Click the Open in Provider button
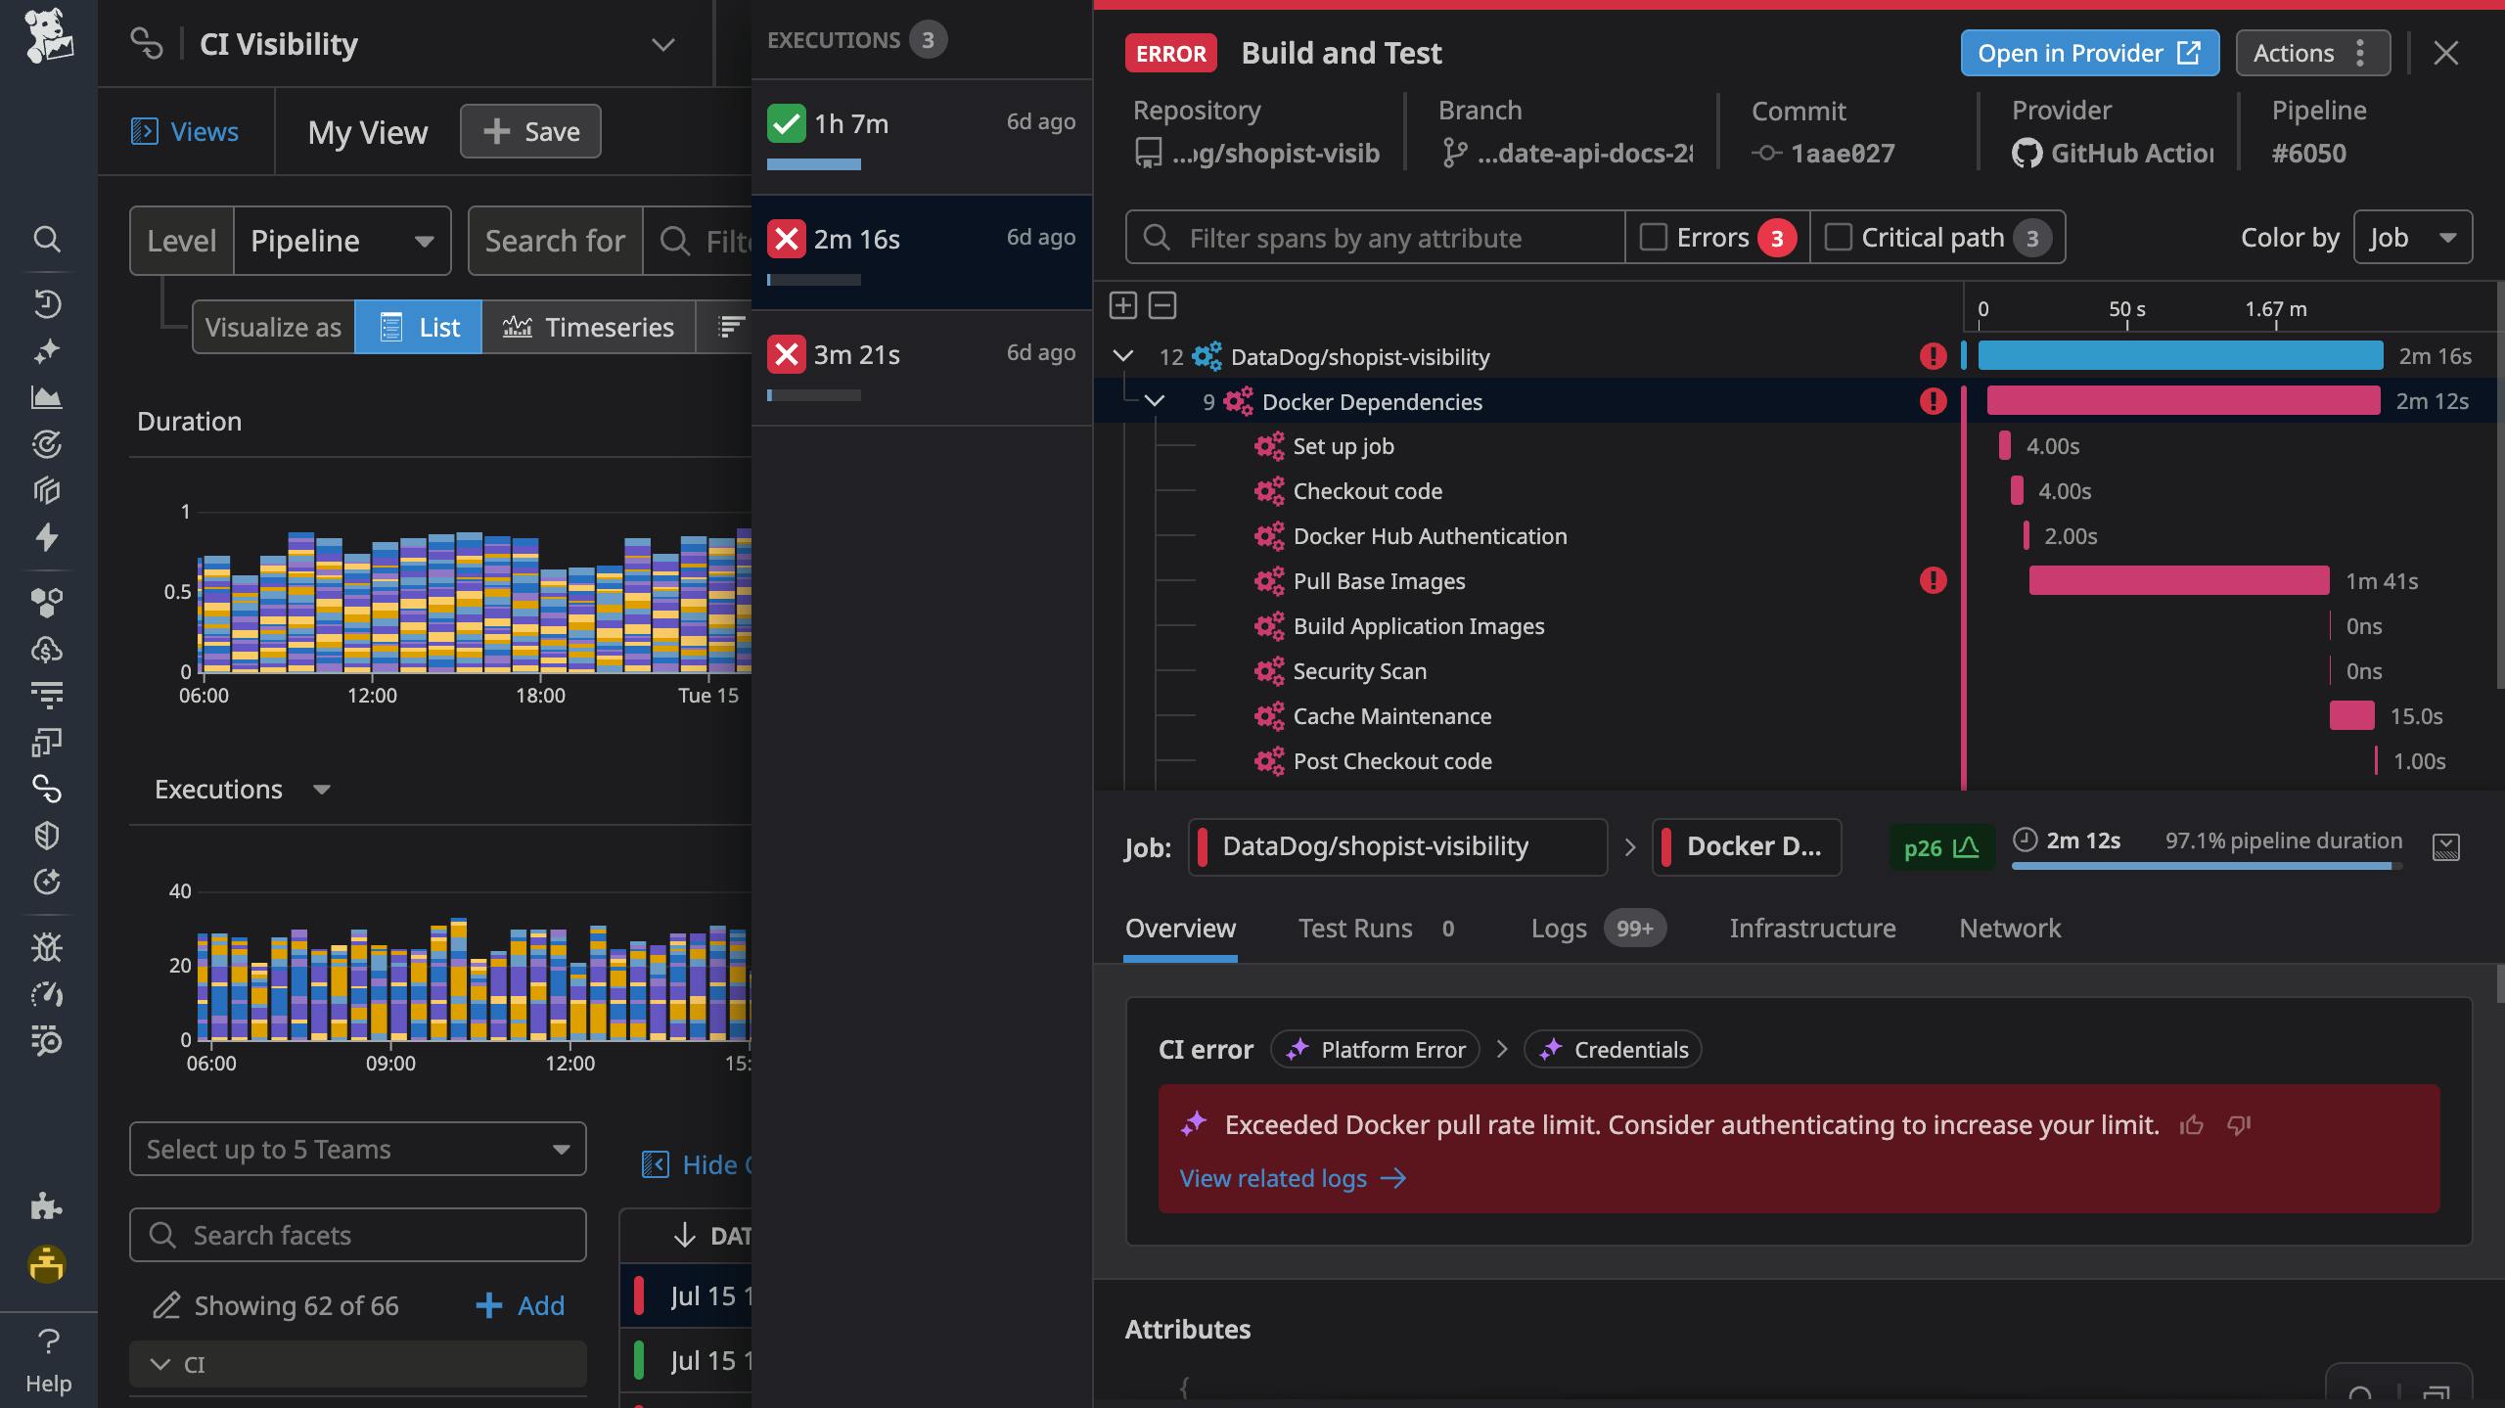2088,53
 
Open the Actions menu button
2311,53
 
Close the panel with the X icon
2445,53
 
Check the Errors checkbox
1654,238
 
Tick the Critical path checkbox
1839,238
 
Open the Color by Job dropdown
2412,238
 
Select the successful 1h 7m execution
920,124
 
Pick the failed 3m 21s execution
920,355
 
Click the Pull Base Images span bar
2178,581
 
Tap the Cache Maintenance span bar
2351,716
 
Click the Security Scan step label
1359,671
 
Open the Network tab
2009,929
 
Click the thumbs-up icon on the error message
2192,1125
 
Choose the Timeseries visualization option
588,327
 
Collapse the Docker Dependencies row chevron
1155,401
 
